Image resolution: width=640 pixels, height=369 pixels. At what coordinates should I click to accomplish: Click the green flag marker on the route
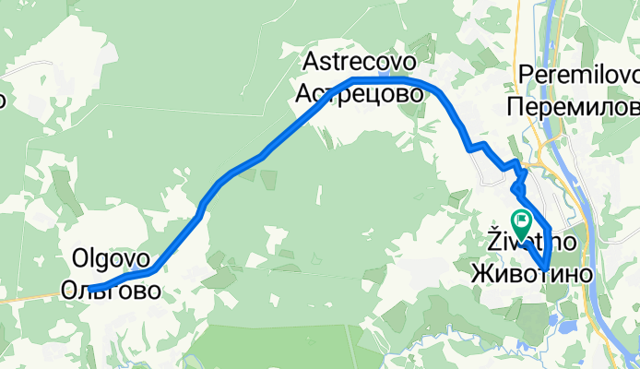pos(522,221)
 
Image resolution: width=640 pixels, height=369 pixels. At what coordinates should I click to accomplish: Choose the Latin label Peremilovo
pos(579,73)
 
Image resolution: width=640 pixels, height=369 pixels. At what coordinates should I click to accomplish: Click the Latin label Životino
pos(531,242)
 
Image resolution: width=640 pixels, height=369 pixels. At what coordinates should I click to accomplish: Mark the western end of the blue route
pos(91,289)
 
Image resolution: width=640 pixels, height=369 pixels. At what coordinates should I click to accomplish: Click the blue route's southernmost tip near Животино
pos(545,270)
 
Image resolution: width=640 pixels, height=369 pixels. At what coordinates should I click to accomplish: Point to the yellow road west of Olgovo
pos(28,297)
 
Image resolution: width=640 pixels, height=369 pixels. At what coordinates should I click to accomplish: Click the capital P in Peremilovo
pos(527,73)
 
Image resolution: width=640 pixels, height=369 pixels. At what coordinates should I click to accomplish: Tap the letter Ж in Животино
pos(481,274)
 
